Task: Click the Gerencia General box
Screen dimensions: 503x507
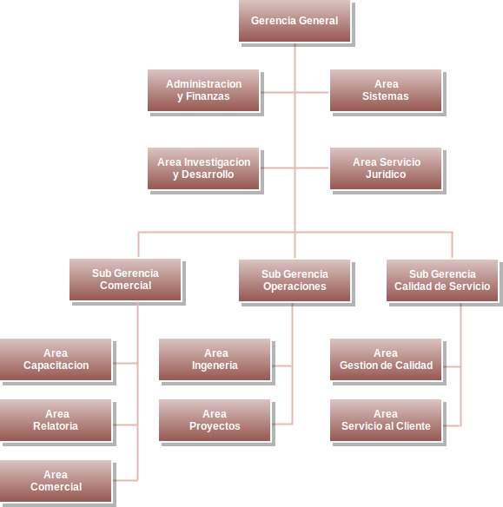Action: pyautogui.click(x=295, y=21)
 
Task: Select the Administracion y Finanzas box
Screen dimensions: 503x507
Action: pyautogui.click(x=203, y=90)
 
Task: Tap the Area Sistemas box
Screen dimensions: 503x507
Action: pyautogui.click(x=386, y=90)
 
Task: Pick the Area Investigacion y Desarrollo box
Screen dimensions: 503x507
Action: pyautogui.click(x=203, y=168)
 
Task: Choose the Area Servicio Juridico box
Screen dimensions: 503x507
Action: pyautogui.click(x=386, y=168)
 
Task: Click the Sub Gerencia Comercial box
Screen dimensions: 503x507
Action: pyautogui.click(x=125, y=280)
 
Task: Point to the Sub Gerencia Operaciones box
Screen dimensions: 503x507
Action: pyautogui.click(x=295, y=280)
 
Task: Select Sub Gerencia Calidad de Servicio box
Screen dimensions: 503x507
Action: pyautogui.click(x=442, y=280)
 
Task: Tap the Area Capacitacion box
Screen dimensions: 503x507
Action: pyautogui.click(x=56, y=359)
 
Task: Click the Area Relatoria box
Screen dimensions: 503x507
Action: pyautogui.click(x=56, y=420)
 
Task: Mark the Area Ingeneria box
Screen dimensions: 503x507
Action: pyautogui.click(x=215, y=359)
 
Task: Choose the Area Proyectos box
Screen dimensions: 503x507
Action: pyautogui.click(x=215, y=420)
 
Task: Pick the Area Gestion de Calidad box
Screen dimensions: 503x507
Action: pyautogui.click(x=386, y=359)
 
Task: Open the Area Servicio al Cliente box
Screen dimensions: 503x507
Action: pyautogui.click(x=386, y=420)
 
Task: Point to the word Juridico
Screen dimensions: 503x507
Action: pyautogui.click(x=386, y=174)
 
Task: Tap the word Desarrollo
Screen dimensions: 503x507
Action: pyautogui.click(x=208, y=174)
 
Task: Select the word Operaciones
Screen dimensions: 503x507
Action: pyautogui.click(x=295, y=286)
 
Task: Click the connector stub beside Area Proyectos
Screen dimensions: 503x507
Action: pyautogui.click(x=282, y=424)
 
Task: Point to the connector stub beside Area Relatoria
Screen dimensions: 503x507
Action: pyautogui.click(x=125, y=425)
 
